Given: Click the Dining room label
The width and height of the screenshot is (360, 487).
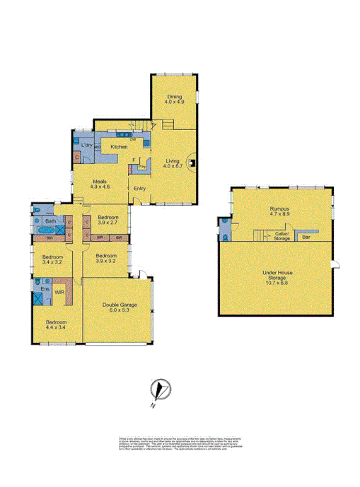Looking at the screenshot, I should [174, 98].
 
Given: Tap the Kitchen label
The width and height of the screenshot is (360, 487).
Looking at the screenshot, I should [118, 146].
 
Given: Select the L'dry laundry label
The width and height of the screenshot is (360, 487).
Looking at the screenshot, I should [87, 146].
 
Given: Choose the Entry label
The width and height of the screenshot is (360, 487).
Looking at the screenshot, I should [139, 187].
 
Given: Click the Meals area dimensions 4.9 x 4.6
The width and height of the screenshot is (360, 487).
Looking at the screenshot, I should [100, 187].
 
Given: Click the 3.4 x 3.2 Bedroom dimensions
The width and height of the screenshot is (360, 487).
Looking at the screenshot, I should [53, 262].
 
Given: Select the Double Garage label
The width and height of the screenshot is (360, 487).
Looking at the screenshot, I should [118, 305].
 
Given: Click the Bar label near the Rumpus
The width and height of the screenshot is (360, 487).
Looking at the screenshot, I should [306, 237].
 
